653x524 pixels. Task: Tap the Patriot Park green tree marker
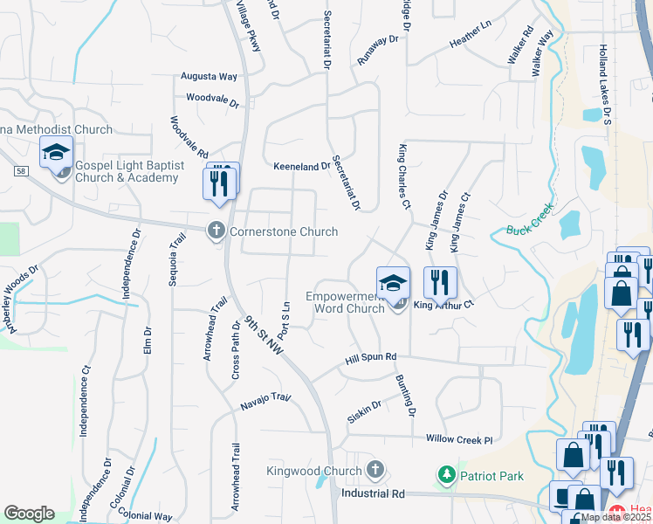[446, 475]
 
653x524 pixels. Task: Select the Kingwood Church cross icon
[375, 471]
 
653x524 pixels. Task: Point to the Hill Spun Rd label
[370, 357]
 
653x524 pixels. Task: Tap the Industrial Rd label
[374, 493]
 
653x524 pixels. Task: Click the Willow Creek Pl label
[459, 439]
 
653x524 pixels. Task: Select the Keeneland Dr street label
[302, 166]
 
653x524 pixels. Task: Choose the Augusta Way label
[210, 77]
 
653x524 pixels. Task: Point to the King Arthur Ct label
[443, 305]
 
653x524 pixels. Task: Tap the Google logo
[29, 514]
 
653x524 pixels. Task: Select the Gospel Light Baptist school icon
[57, 153]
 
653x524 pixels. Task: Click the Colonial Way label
[146, 517]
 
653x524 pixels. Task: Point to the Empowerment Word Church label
[346, 302]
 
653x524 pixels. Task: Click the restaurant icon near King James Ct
[440, 282]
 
